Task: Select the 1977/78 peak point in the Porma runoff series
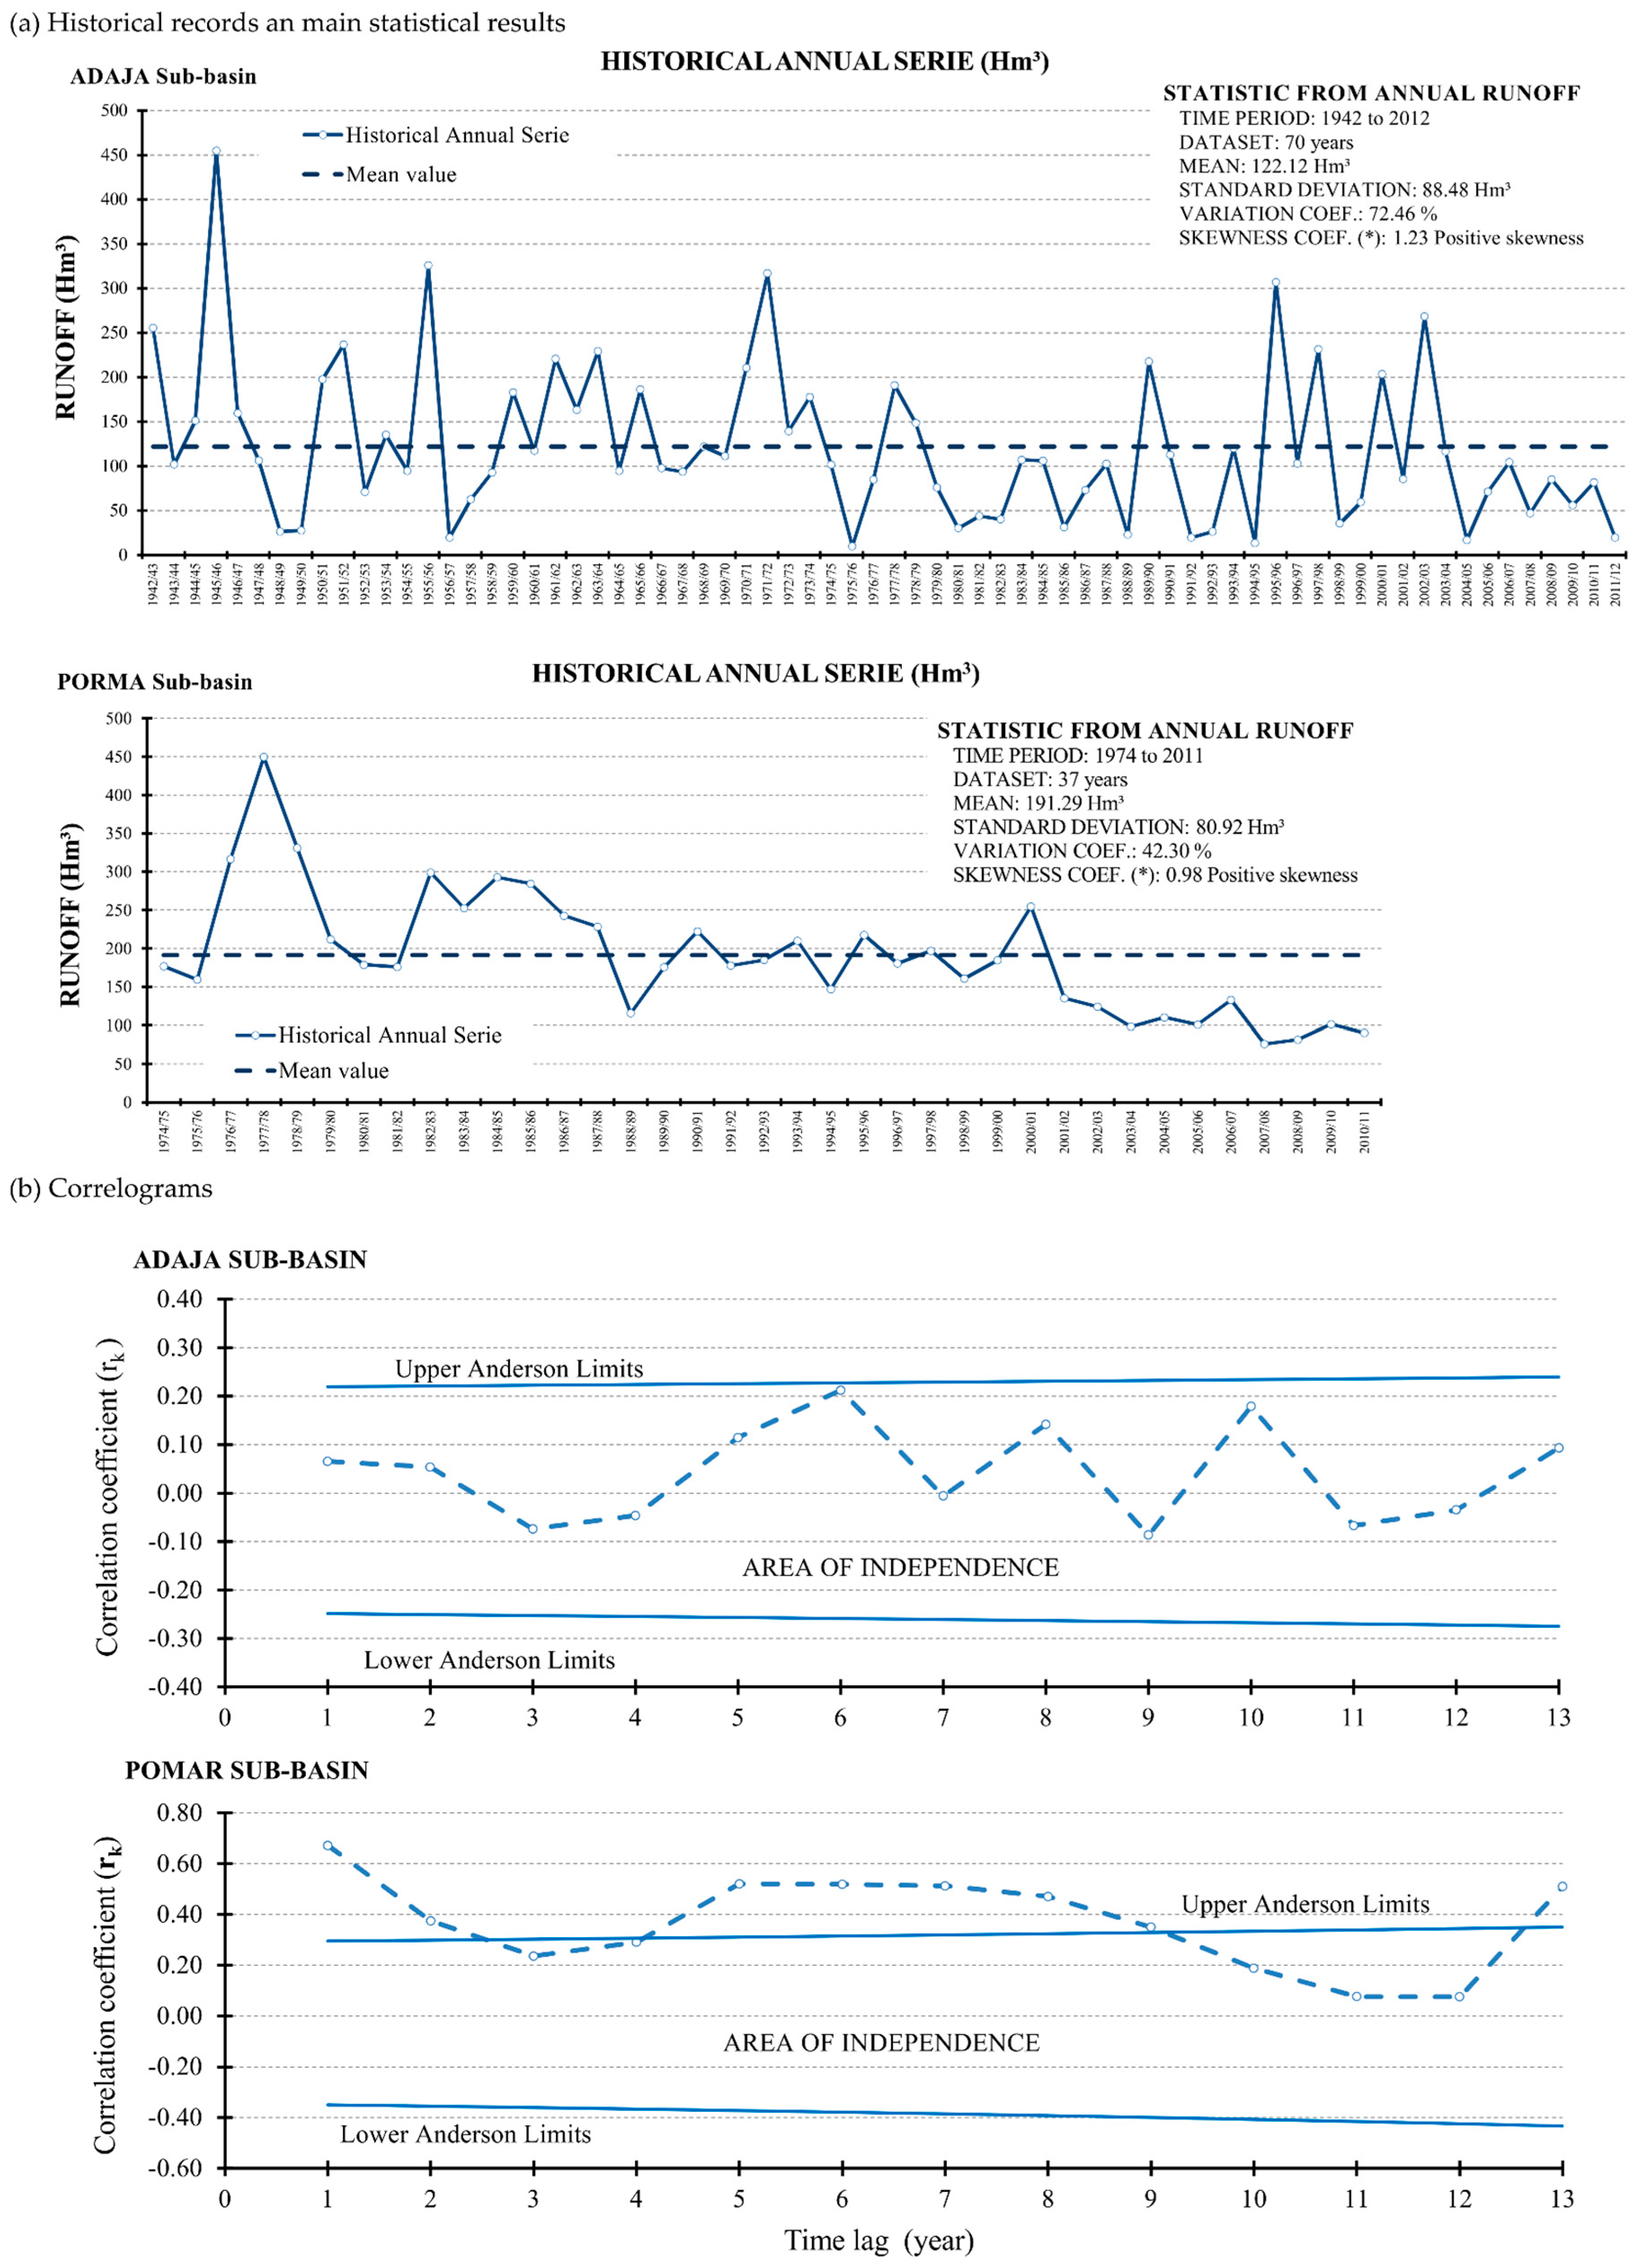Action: tap(264, 757)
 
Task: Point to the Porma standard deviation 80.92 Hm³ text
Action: tap(1117, 826)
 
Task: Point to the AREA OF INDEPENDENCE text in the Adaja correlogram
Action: tap(900, 1568)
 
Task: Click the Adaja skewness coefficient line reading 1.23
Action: tap(1380, 238)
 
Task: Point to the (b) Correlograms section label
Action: tap(111, 1189)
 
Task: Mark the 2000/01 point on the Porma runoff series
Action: tap(1031, 907)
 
